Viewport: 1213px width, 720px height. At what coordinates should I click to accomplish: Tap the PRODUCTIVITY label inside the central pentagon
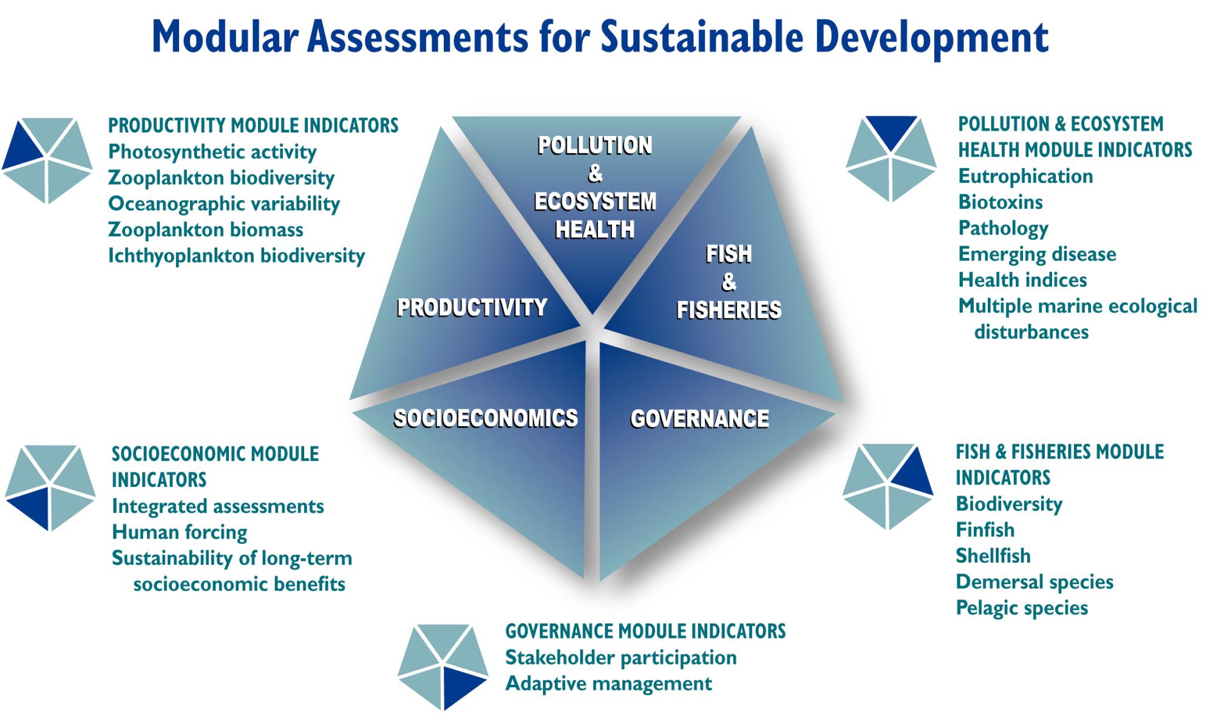[x=472, y=307]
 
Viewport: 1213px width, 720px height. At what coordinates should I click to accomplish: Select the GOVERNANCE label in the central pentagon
[x=699, y=418]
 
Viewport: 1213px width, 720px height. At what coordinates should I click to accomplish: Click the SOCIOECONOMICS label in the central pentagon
[x=486, y=418]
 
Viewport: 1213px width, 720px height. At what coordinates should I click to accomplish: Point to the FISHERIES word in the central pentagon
[x=729, y=310]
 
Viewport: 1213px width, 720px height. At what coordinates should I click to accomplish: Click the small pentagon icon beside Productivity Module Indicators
[x=47, y=160]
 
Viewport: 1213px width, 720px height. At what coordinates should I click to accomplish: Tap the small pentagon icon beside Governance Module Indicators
[x=443, y=667]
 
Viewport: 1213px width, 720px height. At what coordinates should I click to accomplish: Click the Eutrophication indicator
[x=1025, y=176]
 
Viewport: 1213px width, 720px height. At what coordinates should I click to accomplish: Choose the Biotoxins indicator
[x=1001, y=202]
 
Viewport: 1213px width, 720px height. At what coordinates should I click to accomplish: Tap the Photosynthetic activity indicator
[x=212, y=152]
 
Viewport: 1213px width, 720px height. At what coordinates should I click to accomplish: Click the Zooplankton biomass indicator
[x=206, y=229]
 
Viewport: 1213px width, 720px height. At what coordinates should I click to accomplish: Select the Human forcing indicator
[x=180, y=532]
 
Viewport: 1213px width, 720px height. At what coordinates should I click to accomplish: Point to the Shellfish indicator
[x=993, y=555]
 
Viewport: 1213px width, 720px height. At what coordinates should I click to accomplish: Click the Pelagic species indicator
[x=1022, y=608]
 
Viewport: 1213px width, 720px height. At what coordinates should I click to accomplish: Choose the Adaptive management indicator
[x=609, y=684]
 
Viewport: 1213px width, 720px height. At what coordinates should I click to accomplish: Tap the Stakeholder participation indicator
[x=621, y=657]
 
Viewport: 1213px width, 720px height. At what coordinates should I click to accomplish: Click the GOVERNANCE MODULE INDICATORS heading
[x=645, y=631]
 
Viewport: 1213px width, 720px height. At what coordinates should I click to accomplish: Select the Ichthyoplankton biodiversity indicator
[x=236, y=256]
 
